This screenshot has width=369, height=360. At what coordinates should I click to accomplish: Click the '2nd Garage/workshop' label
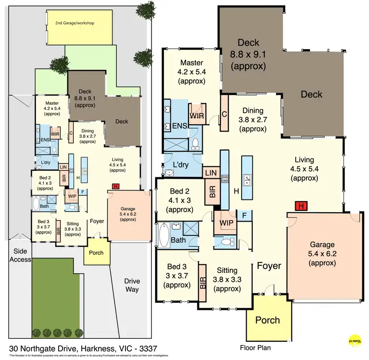point(75,23)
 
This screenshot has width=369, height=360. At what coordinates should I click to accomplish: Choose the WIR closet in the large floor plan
point(196,116)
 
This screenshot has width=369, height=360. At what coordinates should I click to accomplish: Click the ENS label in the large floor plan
point(179,126)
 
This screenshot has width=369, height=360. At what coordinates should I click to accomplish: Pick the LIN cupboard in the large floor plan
point(211,172)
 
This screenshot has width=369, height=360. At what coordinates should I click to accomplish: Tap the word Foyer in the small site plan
point(97,221)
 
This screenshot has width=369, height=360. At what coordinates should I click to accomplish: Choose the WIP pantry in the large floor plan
point(226,222)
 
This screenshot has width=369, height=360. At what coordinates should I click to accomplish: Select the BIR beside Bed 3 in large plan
point(202,284)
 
